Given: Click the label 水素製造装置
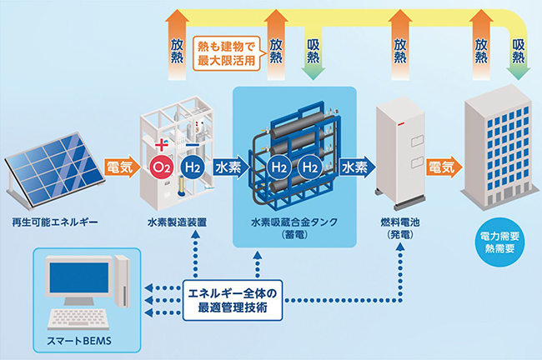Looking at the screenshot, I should [178, 224].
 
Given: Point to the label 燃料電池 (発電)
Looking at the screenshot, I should [397, 230].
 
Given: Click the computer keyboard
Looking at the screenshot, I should [82, 320].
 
